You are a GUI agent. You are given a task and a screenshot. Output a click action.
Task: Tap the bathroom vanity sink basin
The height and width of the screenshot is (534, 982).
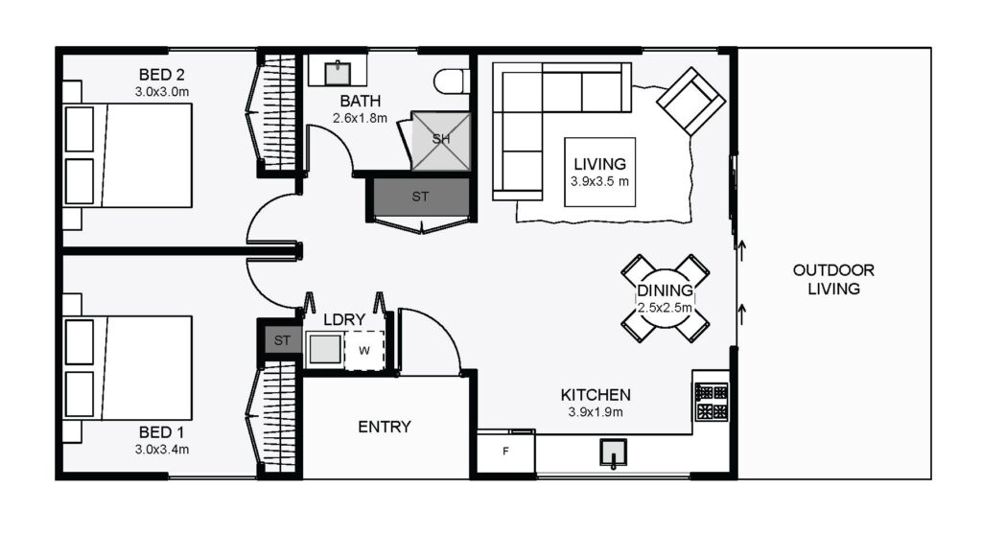(338, 73)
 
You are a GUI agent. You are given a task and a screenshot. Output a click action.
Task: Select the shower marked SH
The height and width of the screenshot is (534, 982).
(441, 141)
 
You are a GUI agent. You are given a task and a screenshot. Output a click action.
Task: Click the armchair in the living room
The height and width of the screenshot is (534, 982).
(690, 102)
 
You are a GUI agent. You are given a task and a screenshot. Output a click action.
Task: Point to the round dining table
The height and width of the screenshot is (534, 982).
(666, 298)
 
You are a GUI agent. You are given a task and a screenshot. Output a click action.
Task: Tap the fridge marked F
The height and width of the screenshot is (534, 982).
(505, 452)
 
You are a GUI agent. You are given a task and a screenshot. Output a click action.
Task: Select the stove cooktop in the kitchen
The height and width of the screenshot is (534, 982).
(712, 402)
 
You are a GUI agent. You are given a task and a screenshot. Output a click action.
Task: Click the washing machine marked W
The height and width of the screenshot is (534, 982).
(363, 350)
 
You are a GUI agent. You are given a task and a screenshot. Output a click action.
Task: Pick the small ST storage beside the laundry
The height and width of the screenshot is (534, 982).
(282, 340)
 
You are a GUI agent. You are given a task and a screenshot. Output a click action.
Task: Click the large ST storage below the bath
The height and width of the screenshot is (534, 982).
(420, 197)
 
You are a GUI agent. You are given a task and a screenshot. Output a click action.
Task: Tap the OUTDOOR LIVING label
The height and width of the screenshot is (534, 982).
(833, 279)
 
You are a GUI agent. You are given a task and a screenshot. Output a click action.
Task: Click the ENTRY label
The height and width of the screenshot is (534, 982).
(385, 427)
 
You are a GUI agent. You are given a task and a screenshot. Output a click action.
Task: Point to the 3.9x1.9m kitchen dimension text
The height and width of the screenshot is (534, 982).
(596, 412)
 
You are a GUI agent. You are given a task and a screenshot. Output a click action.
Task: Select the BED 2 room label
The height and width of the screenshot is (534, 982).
(161, 75)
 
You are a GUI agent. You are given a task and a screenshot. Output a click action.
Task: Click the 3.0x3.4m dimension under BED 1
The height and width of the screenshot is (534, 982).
(161, 449)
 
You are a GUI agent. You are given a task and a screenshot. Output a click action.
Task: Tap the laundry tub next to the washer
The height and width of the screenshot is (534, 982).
(325, 349)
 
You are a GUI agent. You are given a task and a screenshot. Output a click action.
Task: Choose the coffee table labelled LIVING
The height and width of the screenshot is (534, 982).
(600, 173)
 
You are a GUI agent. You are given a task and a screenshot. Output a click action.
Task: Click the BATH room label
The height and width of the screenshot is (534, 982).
(361, 101)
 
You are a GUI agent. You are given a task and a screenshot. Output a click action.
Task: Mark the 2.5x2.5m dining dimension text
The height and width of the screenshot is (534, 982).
(666, 308)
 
